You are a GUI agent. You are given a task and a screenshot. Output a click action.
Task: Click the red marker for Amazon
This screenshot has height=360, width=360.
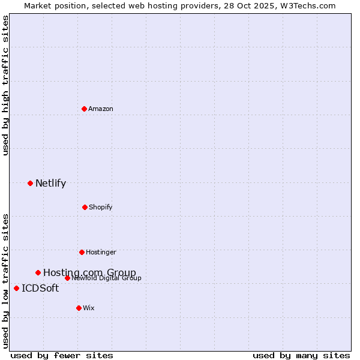pos(84,109)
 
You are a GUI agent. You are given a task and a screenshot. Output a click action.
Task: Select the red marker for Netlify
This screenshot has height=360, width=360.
pos(30,183)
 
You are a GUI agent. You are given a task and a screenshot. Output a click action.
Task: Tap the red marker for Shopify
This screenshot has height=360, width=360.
pos(85,207)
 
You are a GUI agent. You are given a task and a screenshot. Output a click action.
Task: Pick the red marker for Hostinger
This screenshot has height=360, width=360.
pos(82,252)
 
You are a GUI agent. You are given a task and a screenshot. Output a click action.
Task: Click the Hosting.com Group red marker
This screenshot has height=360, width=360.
pos(38,272)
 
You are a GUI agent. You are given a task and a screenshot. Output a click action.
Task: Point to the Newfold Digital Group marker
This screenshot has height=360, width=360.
pos(67,278)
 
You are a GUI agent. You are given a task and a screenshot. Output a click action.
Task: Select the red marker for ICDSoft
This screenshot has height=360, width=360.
pos(16,288)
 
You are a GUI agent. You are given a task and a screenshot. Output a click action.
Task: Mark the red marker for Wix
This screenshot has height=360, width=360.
pos(79,308)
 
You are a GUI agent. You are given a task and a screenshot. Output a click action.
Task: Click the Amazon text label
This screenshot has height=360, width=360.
pos(101,109)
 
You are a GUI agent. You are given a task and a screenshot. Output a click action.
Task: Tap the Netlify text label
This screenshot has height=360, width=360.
pos(50,183)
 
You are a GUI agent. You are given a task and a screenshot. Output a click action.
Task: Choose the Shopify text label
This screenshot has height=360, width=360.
pos(100,207)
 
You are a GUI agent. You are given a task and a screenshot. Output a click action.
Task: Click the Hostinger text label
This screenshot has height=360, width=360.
pos(101,252)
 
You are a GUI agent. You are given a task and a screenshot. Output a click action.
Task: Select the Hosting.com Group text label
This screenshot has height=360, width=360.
pos(89,272)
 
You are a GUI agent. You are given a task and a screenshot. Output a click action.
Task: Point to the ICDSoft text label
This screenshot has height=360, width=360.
pos(40,288)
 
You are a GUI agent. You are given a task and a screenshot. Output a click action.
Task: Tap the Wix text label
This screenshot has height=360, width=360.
pos(89,308)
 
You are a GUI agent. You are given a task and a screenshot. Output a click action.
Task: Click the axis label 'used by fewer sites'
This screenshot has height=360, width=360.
pos(62,355)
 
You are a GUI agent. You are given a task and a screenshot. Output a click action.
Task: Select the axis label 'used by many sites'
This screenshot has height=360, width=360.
pos(301,355)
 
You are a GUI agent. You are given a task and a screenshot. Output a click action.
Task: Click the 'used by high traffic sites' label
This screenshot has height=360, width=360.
pos(5,85)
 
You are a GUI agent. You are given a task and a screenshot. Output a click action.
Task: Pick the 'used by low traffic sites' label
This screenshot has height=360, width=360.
pos(5,281)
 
